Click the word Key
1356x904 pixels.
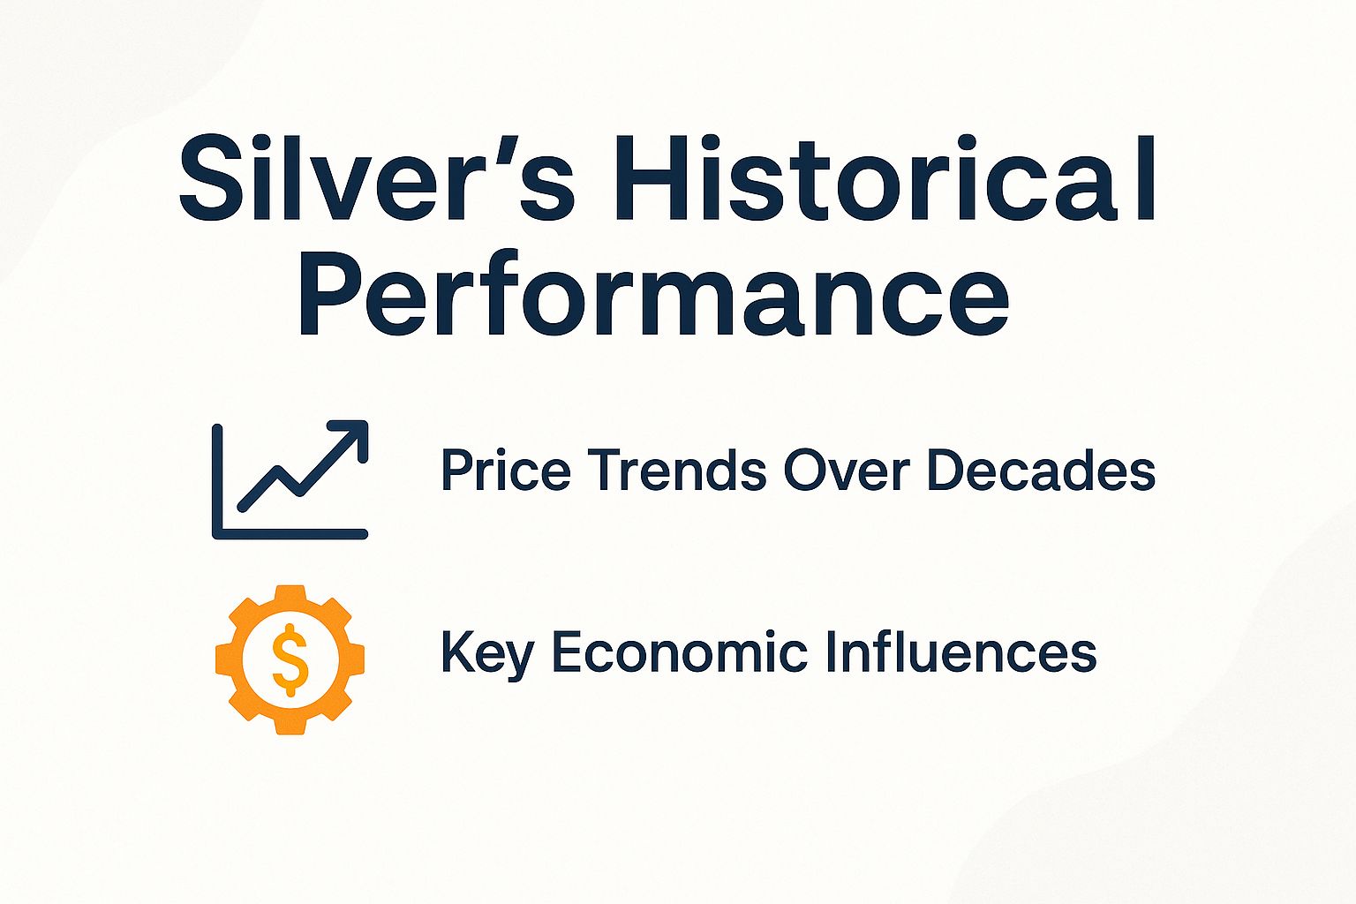pyautogui.click(x=486, y=653)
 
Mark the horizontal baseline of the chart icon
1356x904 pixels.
pyautogui.click(x=291, y=533)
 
